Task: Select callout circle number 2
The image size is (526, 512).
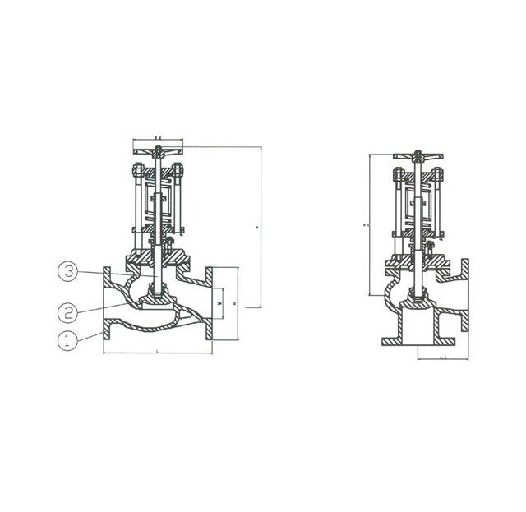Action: click(68, 311)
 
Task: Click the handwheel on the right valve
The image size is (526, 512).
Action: click(420, 156)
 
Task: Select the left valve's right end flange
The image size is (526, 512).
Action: click(210, 306)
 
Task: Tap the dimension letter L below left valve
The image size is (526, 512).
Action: click(157, 353)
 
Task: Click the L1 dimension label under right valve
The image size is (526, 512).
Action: click(442, 358)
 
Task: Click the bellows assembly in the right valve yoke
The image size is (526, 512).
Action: click(420, 205)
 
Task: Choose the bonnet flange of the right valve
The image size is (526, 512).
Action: click(420, 262)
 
